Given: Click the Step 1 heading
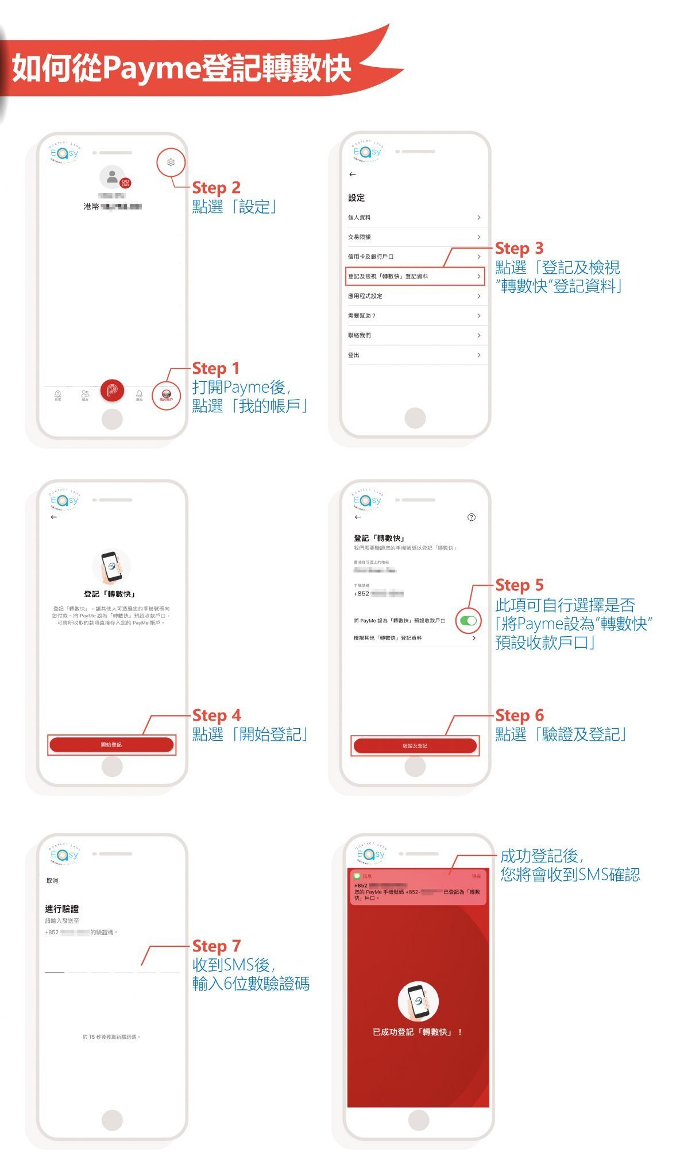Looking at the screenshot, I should click(215, 368).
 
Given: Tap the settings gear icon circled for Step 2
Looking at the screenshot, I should click(171, 163).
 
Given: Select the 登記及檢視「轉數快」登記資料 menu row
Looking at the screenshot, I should click(414, 276).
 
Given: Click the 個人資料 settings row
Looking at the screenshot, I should click(414, 217).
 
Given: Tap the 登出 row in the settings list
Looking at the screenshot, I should click(414, 355).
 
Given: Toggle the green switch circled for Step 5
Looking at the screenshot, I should click(469, 620).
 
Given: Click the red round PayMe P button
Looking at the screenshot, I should click(112, 390).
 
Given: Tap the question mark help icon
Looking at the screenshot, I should click(472, 517).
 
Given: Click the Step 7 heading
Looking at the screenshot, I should click(216, 946).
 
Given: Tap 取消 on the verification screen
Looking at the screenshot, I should click(52, 880).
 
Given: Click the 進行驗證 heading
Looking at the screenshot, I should click(62, 908).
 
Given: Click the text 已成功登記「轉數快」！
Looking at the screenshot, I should click(418, 1032).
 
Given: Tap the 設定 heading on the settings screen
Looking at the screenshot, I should click(356, 198).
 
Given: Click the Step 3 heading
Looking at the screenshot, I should click(519, 248).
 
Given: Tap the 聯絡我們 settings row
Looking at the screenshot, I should click(414, 335).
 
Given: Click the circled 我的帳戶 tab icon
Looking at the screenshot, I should click(167, 396).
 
